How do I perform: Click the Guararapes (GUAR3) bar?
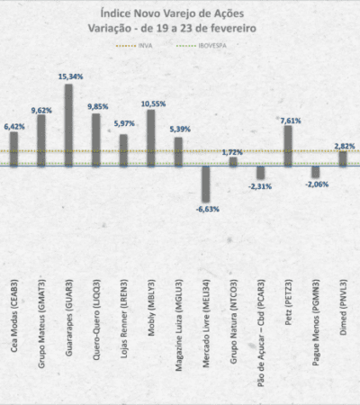tap(68, 125)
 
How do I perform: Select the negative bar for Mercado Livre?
tap(206, 184)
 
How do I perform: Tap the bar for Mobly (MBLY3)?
tap(151, 138)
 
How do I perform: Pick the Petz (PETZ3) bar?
tap(288, 146)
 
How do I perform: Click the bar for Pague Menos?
tap(316, 172)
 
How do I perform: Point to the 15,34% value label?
tap(70, 76)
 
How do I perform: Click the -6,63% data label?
tap(207, 209)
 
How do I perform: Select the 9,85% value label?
tap(98, 106)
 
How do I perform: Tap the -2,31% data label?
tap(260, 186)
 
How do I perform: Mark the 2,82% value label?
tap(345, 146)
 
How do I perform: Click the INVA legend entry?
tap(134, 46)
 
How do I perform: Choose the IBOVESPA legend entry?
tap(202, 46)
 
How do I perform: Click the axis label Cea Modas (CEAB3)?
tap(14, 316)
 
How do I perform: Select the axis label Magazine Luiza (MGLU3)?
tap(178, 325)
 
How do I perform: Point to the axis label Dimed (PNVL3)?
tap(343, 307)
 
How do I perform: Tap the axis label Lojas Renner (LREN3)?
tap(124, 319)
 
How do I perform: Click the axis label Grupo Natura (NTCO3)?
tap(233, 321)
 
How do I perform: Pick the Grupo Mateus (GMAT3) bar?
tap(41, 140)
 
